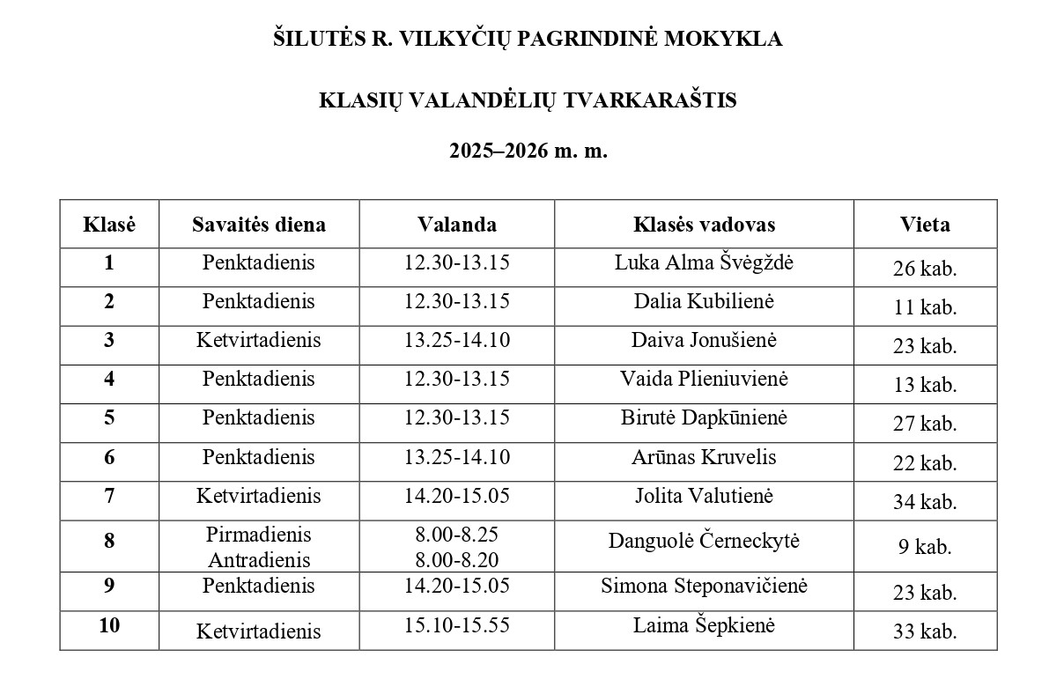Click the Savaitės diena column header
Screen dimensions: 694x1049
point(259,225)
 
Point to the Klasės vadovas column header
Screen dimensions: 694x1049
point(704,225)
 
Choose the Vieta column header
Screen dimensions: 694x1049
point(925,225)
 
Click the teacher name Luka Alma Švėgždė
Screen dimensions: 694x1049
point(704,262)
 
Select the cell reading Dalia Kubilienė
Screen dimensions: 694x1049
point(704,301)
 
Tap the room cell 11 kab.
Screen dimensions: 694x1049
point(925,307)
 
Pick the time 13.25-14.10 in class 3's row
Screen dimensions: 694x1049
point(457,340)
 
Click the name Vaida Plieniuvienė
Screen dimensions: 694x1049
point(704,379)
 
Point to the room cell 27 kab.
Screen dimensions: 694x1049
point(925,424)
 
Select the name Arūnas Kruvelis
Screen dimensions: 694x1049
point(704,456)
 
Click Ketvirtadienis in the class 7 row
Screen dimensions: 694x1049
point(259,495)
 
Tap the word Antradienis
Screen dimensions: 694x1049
point(259,559)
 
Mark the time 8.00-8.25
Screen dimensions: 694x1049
point(457,535)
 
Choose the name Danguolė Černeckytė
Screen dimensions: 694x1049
point(704,541)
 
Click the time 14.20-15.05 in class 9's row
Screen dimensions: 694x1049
point(457,586)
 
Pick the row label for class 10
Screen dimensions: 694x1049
point(109,625)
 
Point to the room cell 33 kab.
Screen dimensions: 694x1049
point(925,631)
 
